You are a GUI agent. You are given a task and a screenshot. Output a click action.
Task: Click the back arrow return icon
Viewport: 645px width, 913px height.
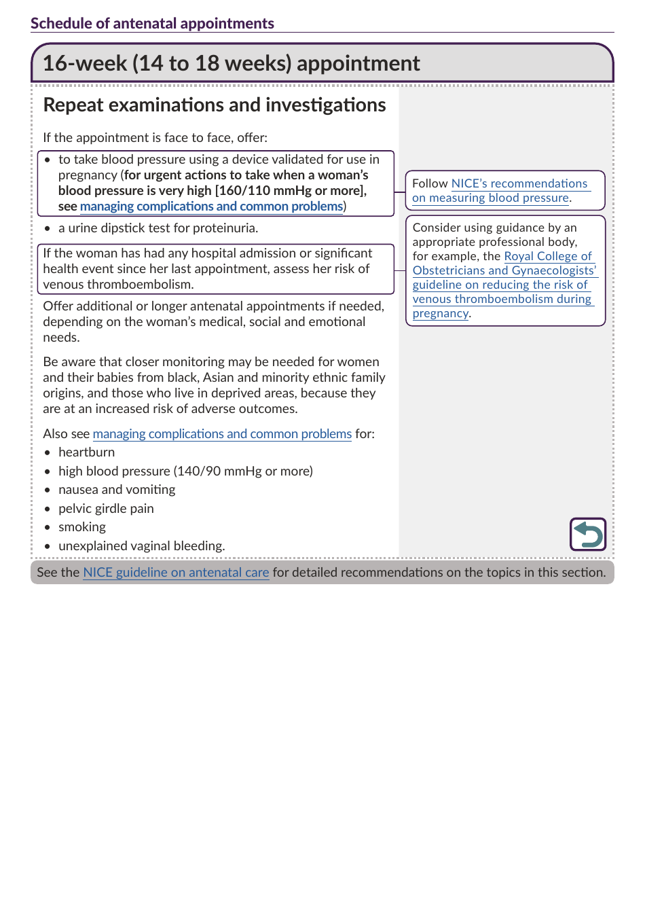click(x=588, y=534)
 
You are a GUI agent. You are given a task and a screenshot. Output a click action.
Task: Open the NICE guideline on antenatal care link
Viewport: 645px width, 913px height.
click(x=176, y=573)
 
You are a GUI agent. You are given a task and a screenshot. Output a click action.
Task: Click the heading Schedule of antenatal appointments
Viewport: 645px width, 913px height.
click(x=152, y=24)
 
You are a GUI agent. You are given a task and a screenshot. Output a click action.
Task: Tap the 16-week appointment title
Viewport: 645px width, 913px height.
click(x=232, y=63)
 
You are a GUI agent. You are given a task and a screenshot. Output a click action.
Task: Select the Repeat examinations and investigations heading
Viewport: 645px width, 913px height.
click(x=215, y=105)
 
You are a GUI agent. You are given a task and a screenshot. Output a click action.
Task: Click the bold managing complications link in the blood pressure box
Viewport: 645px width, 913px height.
click(x=211, y=207)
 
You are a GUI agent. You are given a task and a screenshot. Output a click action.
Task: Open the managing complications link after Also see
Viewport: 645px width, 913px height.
click(x=222, y=434)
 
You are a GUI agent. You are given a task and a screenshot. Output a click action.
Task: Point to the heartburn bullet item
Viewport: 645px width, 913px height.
click(x=86, y=452)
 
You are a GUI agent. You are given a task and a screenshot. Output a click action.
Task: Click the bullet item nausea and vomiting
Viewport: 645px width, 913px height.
click(x=117, y=490)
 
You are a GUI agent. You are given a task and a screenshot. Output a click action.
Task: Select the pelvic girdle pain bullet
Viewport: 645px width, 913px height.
click(x=106, y=509)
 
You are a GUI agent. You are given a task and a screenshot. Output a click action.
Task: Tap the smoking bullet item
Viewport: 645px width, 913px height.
click(x=82, y=527)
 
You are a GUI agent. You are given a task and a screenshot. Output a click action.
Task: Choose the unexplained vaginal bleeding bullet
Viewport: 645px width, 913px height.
click(x=141, y=546)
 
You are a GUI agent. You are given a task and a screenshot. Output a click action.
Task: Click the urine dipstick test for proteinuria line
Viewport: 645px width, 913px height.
click(x=158, y=228)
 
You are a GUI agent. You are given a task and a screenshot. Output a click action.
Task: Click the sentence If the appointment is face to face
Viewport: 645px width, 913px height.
click(x=155, y=138)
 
